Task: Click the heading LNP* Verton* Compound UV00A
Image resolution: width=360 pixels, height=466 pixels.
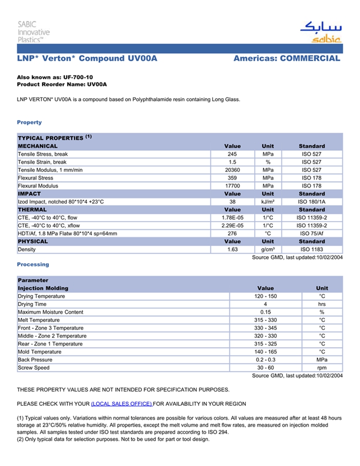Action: click(87, 59)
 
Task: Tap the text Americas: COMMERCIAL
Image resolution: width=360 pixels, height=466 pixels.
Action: click(286, 59)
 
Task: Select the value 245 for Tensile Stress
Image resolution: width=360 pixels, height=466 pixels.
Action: click(232, 154)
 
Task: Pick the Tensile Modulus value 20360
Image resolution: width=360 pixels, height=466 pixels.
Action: click(232, 170)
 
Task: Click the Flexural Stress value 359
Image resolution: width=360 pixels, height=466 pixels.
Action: click(232, 178)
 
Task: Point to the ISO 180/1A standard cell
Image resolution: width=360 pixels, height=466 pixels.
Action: click(312, 202)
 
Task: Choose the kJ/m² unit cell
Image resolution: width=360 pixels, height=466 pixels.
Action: click(268, 202)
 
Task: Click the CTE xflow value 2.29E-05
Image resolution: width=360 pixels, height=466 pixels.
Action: click(232, 226)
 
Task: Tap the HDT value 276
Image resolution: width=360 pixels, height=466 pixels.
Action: click(232, 234)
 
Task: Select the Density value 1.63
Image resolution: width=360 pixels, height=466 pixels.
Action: click(232, 249)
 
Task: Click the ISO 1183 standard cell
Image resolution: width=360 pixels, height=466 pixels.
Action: click(312, 249)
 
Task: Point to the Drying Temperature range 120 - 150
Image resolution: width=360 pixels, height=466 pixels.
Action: click(265, 296)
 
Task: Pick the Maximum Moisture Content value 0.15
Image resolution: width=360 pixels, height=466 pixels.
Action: click(265, 312)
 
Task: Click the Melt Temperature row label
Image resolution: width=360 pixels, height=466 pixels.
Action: click(40, 320)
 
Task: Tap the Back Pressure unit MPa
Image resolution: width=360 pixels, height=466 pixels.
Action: click(322, 360)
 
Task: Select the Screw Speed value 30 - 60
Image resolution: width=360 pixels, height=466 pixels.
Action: click(265, 368)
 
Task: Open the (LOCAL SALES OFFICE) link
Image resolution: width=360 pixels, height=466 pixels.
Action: click(121, 404)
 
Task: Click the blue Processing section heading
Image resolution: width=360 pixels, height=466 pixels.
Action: click(33, 264)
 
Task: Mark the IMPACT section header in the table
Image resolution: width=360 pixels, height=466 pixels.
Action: click(29, 194)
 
